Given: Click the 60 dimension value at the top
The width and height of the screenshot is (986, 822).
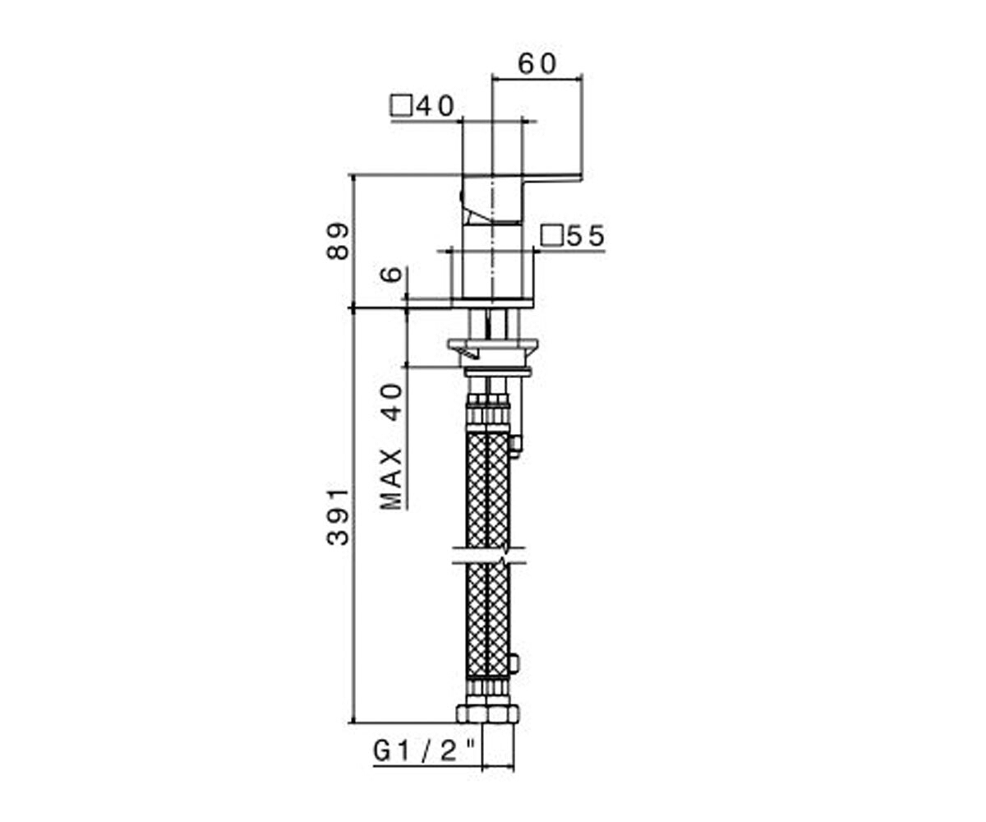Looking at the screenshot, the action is [537, 64].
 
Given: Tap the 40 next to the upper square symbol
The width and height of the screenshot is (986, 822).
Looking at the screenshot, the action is [435, 106].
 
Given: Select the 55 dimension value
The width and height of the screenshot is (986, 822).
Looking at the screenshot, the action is [586, 236].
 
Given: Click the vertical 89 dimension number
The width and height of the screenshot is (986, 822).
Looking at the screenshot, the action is [338, 242].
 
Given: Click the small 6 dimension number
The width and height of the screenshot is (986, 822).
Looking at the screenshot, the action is [391, 274].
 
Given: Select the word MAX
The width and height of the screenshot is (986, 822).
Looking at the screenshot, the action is [391, 479].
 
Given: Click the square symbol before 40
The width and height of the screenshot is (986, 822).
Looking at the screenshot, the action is [402, 106].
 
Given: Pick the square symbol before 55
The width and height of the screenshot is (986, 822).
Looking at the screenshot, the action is [552, 236].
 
